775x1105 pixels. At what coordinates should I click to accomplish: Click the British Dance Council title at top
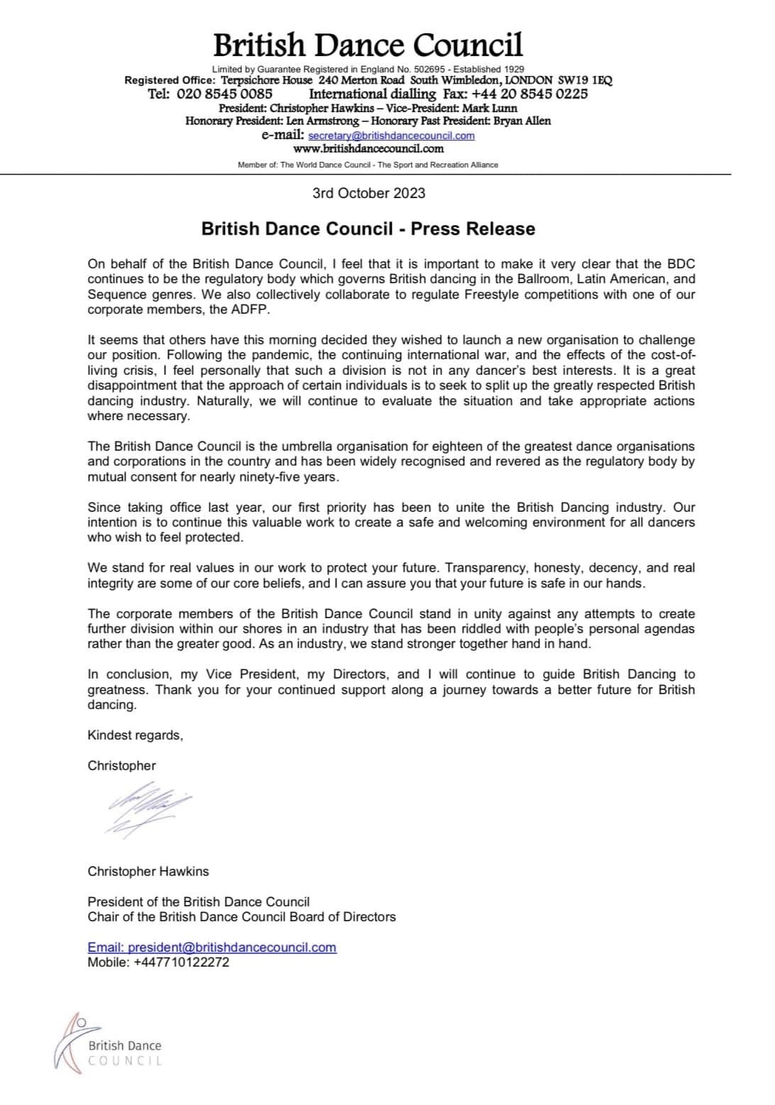tap(368, 45)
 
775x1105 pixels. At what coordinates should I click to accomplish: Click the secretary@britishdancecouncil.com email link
tap(392, 136)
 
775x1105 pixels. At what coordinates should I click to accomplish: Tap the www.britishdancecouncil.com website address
tap(368, 149)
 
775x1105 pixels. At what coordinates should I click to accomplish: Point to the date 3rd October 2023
tap(369, 193)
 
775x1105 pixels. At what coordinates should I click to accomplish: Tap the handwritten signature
tap(147, 808)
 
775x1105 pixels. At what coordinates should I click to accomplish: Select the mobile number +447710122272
tap(181, 962)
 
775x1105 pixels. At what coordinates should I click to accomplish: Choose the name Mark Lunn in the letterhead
tap(490, 108)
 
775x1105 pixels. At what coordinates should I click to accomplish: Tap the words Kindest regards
tap(135, 735)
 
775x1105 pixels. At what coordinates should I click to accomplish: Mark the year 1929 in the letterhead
tap(515, 69)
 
